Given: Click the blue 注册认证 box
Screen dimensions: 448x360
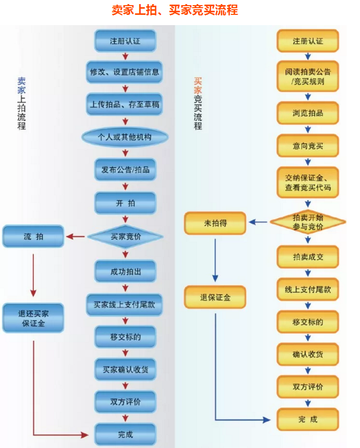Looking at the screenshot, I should [x=125, y=40].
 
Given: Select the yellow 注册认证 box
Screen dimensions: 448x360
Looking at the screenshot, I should [x=308, y=40].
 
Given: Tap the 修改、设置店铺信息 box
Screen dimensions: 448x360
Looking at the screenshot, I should [x=125, y=72].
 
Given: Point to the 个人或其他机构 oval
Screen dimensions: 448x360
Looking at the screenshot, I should [x=125, y=137].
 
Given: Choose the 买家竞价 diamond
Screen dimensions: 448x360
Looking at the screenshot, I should [x=125, y=237].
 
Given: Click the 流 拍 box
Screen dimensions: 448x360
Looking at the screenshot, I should [x=33, y=237].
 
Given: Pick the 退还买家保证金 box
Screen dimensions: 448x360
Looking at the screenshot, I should [x=33, y=318].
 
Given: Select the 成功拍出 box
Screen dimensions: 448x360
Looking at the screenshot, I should [x=125, y=272].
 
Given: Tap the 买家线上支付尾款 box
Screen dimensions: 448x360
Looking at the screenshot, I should [x=125, y=305].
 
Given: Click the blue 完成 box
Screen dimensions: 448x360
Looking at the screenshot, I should [x=125, y=434].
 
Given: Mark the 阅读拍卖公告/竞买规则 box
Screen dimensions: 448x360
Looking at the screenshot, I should [x=308, y=76].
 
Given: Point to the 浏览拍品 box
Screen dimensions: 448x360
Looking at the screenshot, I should [x=308, y=113].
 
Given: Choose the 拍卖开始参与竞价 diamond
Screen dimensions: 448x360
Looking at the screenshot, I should [x=308, y=222].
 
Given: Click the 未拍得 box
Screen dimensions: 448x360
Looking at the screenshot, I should [x=215, y=222].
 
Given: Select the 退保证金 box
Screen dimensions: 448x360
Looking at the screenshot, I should [x=215, y=297].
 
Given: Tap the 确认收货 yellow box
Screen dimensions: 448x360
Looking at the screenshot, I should [x=308, y=355].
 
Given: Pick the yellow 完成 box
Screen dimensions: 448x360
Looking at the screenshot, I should [x=308, y=419].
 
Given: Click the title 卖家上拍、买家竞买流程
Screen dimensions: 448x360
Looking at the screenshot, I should [x=175, y=10].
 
